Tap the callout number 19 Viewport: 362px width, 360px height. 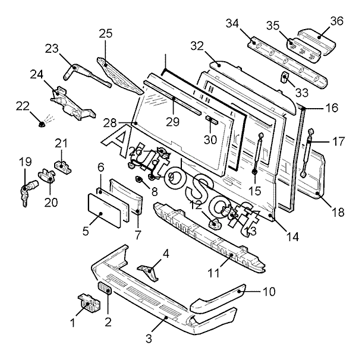pos(24,162)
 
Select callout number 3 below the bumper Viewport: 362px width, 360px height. pos(149,339)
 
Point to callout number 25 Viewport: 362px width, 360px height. pos(105,33)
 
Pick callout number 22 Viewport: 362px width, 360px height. pos(23,106)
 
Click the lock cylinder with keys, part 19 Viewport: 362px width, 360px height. pos(27,193)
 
